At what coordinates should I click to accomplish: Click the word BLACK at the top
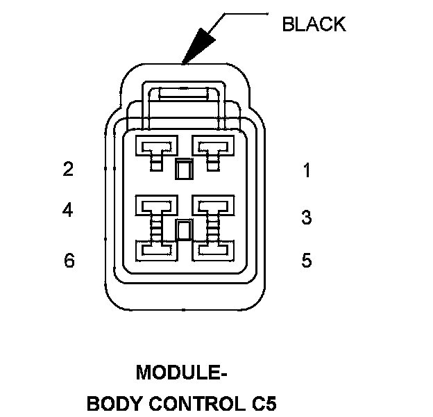[x=314, y=24]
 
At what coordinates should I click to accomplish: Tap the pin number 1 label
[x=307, y=171]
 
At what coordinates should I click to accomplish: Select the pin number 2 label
[x=67, y=169]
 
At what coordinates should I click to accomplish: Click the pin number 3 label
[x=307, y=218]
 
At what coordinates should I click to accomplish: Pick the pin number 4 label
[x=67, y=209]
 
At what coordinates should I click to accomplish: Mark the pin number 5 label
[x=307, y=261]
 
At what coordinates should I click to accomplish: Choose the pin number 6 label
[x=68, y=261]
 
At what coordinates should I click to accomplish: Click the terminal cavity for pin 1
[x=211, y=147]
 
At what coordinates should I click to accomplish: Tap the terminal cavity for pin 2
[x=157, y=147]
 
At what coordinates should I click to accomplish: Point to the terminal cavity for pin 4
[x=157, y=206]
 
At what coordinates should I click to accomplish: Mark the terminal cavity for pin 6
[x=157, y=248]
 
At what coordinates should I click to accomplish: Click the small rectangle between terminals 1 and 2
[x=184, y=169]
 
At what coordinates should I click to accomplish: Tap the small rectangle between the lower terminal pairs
[x=184, y=230]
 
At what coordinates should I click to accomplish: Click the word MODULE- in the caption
[x=182, y=373]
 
